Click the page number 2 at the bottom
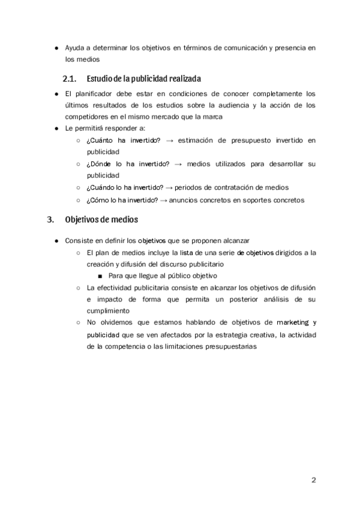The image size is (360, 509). point(313,480)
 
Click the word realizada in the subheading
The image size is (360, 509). point(181,79)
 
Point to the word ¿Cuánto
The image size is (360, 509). point(98,140)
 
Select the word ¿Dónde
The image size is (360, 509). point(98,164)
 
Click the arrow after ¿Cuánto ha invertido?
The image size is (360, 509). point(169,140)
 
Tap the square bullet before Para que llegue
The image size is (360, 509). point(100,276)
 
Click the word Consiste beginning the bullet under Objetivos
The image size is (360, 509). point(79,240)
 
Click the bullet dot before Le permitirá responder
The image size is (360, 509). point(56,128)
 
